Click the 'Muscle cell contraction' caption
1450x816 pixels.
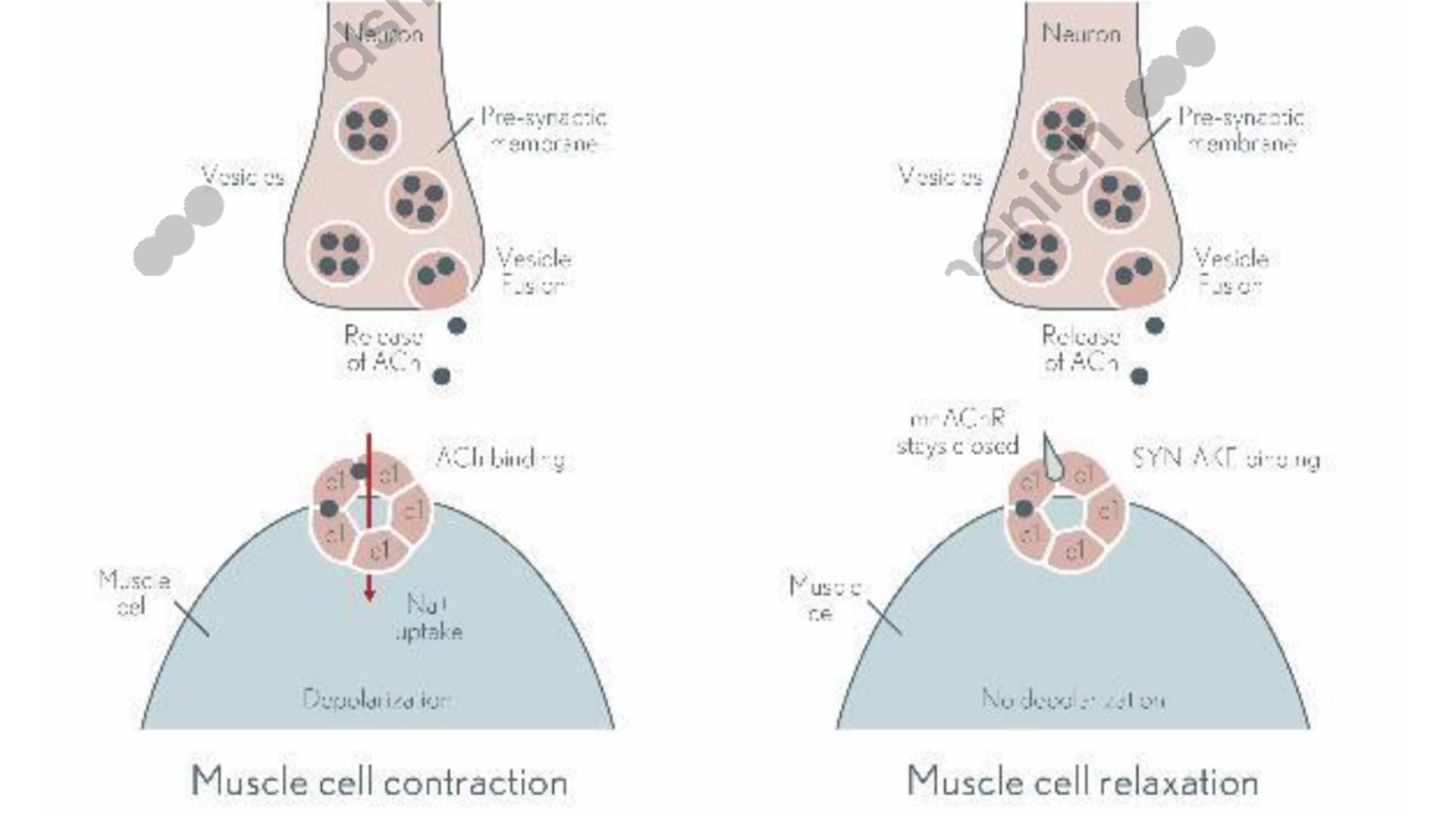point(379,781)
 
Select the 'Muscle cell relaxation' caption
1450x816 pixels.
point(1082,781)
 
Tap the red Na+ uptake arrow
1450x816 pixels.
point(369,529)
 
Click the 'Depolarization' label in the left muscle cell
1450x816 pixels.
point(377,699)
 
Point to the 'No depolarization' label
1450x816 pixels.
point(1073,699)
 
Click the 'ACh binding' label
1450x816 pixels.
point(500,459)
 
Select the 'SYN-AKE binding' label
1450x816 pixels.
point(1226,459)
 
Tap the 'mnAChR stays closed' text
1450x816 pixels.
point(958,433)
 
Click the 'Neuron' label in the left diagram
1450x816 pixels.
point(384,33)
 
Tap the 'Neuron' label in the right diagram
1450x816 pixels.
point(1081,33)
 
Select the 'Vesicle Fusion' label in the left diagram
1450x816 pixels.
point(533,272)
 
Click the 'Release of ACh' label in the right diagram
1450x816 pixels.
point(1080,348)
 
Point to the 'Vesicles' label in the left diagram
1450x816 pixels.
point(242,177)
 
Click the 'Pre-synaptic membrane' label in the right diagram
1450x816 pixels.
point(1242,130)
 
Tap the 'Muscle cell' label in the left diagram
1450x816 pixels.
point(134,593)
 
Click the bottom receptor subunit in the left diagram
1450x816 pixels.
point(379,551)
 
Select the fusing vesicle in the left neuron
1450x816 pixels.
point(437,278)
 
